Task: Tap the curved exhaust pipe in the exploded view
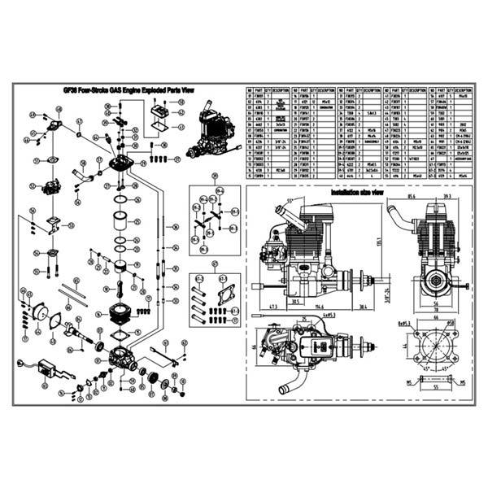click(x=84, y=172)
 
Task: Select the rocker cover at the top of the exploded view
click(x=163, y=108)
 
